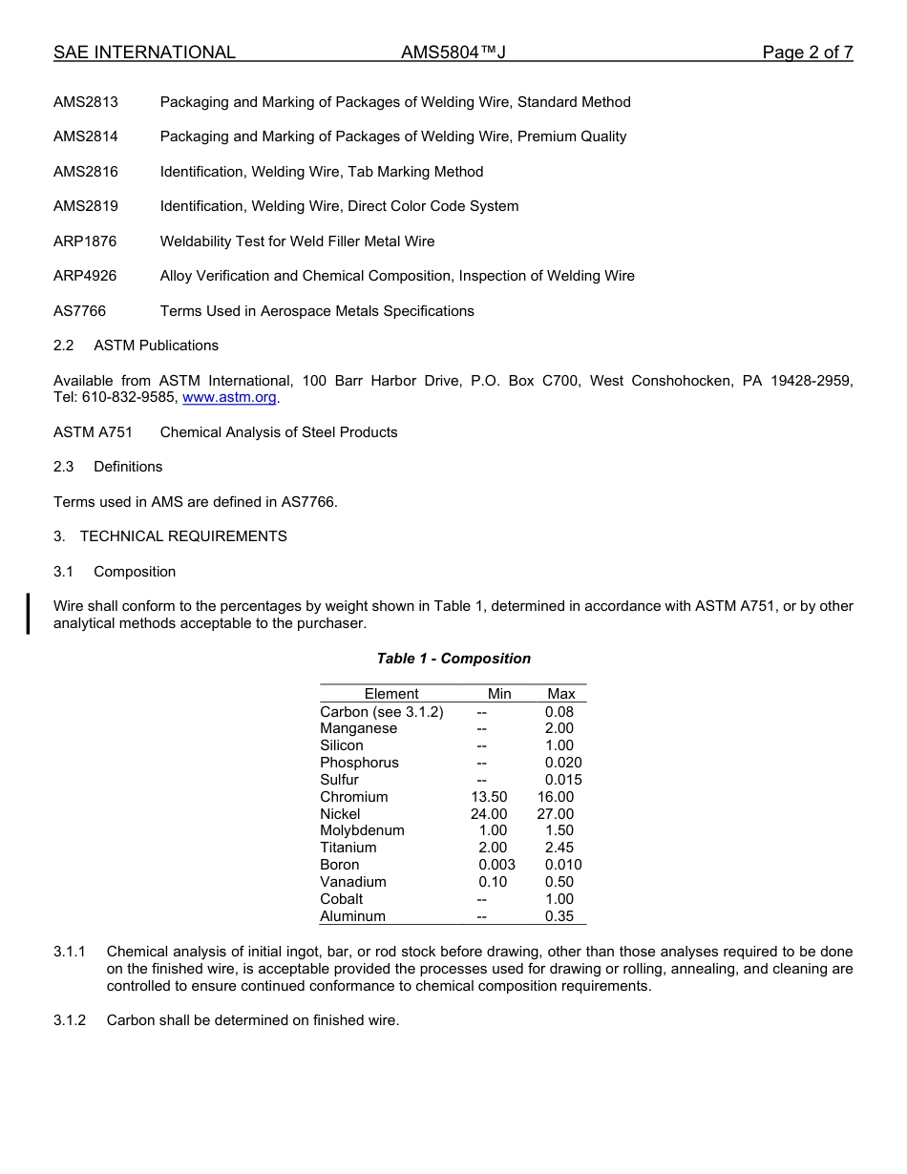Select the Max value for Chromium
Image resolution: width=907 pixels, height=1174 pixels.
[x=555, y=797]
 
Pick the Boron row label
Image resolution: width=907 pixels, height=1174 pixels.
[x=340, y=865]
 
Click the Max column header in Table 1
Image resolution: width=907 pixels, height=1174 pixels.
[x=561, y=694]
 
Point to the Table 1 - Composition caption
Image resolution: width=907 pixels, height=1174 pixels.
[x=453, y=659]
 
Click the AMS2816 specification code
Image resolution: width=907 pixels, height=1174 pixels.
[x=86, y=172]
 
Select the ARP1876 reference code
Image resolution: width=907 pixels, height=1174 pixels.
[x=85, y=241]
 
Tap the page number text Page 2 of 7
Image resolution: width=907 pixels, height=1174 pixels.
[x=807, y=52]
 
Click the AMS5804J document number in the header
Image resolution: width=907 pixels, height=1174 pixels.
[x=453, y=52]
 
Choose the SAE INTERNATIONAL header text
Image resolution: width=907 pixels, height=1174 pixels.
[x=144, y=52]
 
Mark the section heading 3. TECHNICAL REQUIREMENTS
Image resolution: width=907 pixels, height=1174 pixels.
[x=170, y=536]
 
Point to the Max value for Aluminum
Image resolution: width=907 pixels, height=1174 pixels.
[x=559, y=916]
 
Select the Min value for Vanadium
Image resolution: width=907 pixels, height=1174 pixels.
[x=493, y=882]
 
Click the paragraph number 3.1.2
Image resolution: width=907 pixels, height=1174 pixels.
[x=70, y=1020]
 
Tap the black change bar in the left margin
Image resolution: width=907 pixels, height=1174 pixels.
[x=29, y=613]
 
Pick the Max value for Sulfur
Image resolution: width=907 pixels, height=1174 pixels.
[x=563, y=780]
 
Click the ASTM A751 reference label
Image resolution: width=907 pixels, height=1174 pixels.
[x=93, y=432]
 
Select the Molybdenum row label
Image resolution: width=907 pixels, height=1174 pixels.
[x=362, y=830]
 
